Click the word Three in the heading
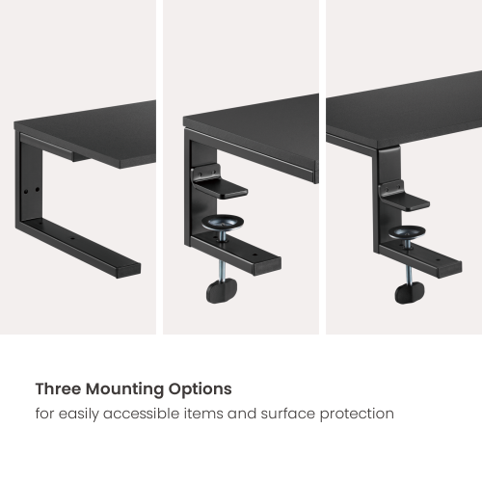[58, 388]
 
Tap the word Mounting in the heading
[124, 389]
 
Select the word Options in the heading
[201, 389]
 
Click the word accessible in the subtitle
[142, 414]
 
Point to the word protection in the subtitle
[357, 414]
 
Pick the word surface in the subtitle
[288, 414]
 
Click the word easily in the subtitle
[78, 414]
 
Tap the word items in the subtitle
[203, 414]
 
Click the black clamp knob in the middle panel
[222, 290]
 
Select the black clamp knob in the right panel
[409, 292]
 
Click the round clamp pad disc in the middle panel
[223, 222]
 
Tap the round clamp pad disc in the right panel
[407, 232]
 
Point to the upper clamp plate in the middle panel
[219, 187]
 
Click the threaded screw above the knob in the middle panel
[222, 270]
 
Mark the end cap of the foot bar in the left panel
[128, 270]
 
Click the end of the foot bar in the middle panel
[267, 266]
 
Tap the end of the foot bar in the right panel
[450, 269]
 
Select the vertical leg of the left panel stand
[30, 180]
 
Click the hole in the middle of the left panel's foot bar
[72, 239]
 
